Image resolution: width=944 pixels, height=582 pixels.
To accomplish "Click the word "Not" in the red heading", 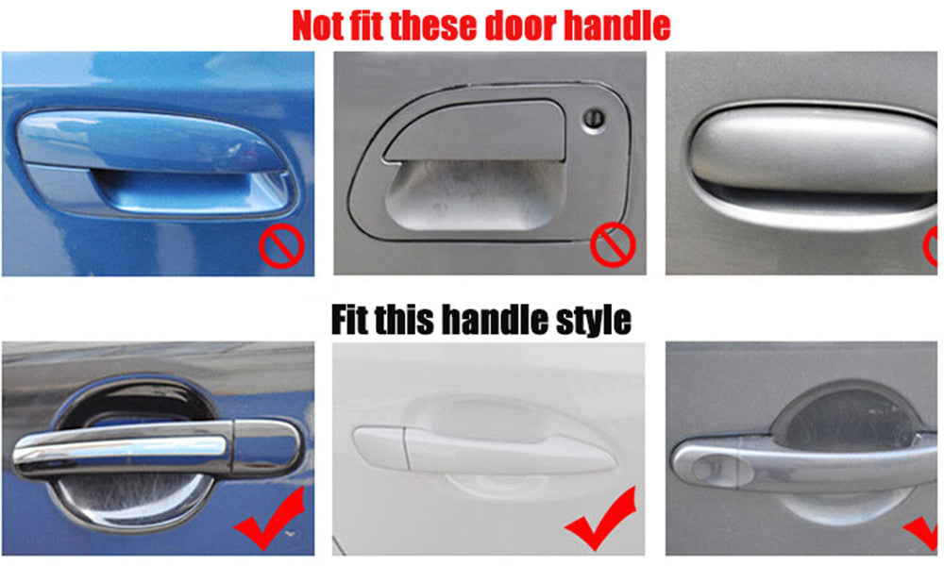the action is pyautogui.click(x=316, y=25).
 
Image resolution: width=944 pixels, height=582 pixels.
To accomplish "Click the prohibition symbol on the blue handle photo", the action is pyautogui.click(x=281, y=245).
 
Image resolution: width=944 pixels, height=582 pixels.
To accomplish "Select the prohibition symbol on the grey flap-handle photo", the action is pyautogui.click(x=613, y=244).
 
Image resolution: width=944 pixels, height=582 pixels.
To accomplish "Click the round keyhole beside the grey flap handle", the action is pyautogui.click(x=594, y=118).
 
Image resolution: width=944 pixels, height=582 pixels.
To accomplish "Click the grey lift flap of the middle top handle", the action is pyautogui.click(x=476, y=130).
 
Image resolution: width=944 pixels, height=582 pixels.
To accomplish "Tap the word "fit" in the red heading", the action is pyautogui.click(x=365, y=25).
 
